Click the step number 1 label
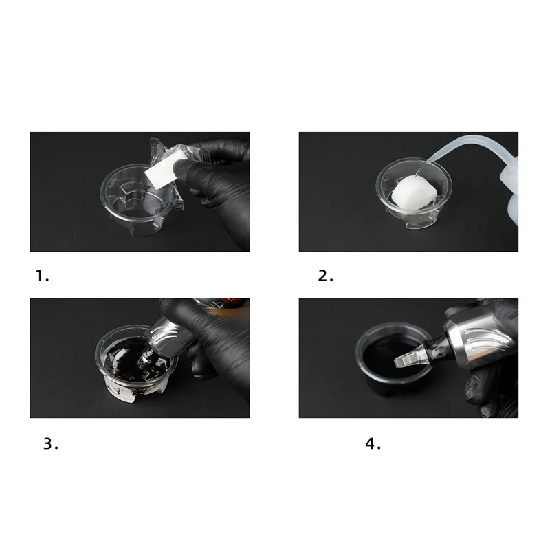click(x=43, y=276)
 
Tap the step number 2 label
click(x=326, y=276)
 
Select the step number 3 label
click(x=50, y=443)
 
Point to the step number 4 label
click(x=373, y=443)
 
